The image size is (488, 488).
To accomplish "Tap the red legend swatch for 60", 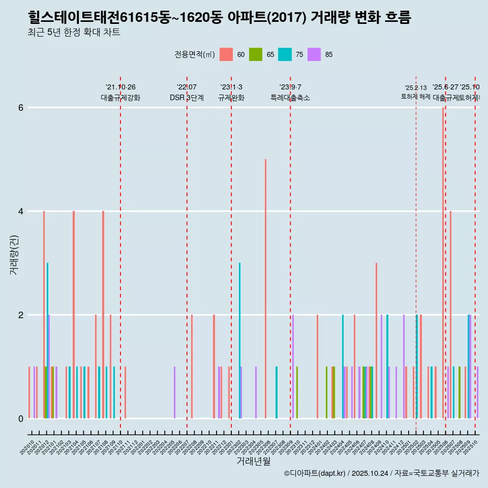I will [x=226, y=55].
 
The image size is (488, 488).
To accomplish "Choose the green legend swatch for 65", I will [x=256, y=55].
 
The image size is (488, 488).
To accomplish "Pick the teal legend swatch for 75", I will [x=285, y=55].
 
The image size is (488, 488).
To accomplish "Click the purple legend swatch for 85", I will [x=315, y=55].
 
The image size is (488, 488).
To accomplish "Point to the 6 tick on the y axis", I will [x=20, y=108].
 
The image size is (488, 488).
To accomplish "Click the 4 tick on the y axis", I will [x=20, y=211].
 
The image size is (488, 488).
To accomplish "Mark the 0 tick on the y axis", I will [x=20, y=419].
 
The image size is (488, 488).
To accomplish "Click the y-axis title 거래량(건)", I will [x=14, y=254].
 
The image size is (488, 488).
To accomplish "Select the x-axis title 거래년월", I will [x=253, y=461].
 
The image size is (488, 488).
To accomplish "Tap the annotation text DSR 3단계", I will [x=187, y=98].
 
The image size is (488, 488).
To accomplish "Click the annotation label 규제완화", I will [x=231, y=98].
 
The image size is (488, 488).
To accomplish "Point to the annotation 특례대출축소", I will [x=290, y=98].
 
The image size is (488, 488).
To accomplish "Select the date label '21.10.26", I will [x=120, y=87].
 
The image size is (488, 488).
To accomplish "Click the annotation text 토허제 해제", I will [x=416, y=97].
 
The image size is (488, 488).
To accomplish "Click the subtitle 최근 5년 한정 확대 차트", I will [x=74, y=33].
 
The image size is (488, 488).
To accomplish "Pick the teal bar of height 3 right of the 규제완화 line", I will [x=240, y=341].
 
